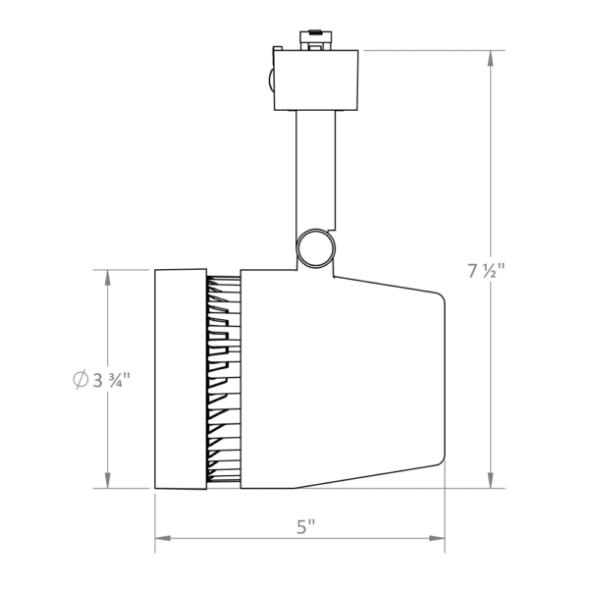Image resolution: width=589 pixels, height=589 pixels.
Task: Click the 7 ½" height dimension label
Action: click(486, 271)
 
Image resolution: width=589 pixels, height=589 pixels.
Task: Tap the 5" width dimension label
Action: click(305, 526)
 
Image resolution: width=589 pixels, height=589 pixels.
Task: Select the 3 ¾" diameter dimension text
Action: click(111, 380)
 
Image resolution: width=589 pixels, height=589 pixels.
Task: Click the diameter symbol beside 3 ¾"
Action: click(80, 379)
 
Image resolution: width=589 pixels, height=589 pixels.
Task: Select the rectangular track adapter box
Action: click(315, 80)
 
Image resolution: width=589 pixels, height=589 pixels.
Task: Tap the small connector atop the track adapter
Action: click(315, 40)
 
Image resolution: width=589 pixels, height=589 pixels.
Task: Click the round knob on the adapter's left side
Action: click(270, 80)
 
